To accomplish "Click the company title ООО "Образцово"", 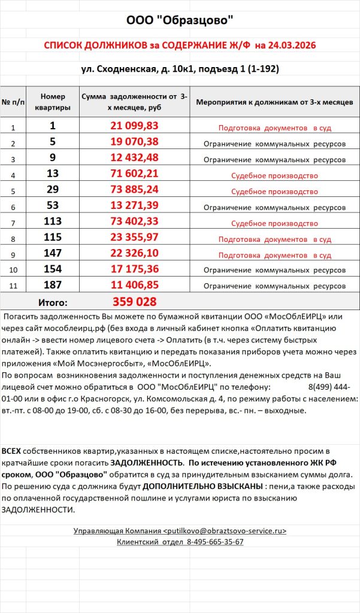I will pyautogui.click(x=180, y=20).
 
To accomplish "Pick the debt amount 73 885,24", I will pyautogui.click(x=135, y=189).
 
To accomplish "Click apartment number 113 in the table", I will pyautogui.click(x=53, y=221).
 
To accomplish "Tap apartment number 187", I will pyautogui.click(x=53, y=285).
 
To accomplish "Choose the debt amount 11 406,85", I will pyautogui.click(x=135, y=285).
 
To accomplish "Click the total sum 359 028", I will pyautogui.click(x=135, y=302).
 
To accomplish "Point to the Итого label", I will pyautogui.click(x=53, y=302).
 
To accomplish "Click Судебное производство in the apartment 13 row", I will pyautogui.click(x=274, y=176).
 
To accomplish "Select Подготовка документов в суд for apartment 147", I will pyautogui.click(x=274, y=255).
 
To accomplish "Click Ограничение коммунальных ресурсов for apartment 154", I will pyautogui.click(x=274, y=271).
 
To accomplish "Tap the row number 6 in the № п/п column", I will pyautogui.click(x=13, y=207).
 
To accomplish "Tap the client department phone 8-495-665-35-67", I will pyautogui.click(x=206, y=542).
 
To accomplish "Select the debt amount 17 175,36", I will pyautogui.click(x=135, y=269).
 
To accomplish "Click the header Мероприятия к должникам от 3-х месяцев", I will pyautogui.click(x=274, y=102).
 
